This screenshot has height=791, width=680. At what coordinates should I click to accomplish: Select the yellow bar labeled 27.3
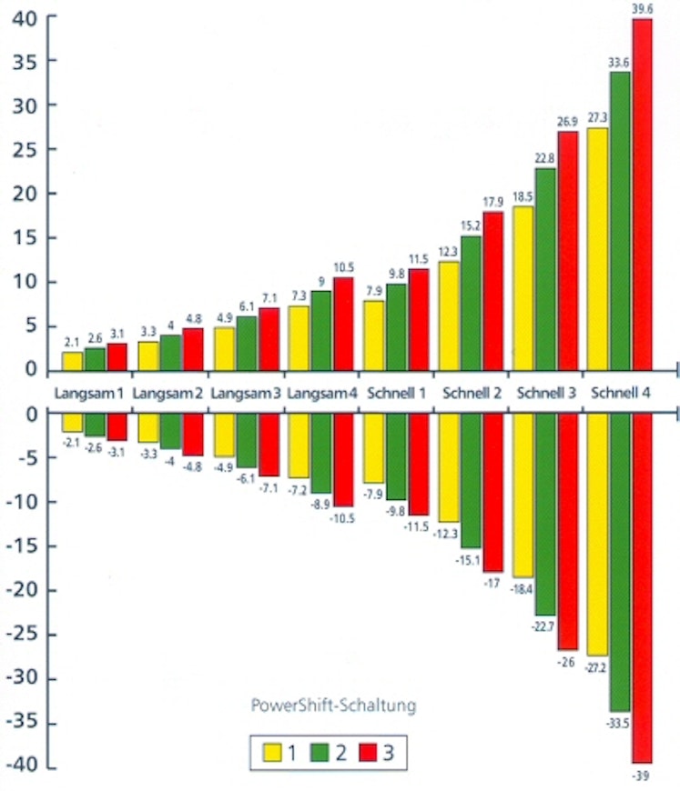597,248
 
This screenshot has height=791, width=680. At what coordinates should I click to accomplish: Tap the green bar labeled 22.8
545,268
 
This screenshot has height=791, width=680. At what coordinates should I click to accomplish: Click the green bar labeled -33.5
620,562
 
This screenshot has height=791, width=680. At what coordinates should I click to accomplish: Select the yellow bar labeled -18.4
523,496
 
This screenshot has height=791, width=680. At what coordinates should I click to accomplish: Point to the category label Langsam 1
88,394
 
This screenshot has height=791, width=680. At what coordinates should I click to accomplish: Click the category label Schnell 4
621,394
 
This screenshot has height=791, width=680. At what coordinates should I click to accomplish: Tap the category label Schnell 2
472,394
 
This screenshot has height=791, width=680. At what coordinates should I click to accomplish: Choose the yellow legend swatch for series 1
271,752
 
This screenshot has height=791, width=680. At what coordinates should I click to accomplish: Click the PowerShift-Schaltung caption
333,704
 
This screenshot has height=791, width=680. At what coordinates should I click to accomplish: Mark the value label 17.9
493,202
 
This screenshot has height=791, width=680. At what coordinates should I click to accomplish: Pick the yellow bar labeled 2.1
72,360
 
